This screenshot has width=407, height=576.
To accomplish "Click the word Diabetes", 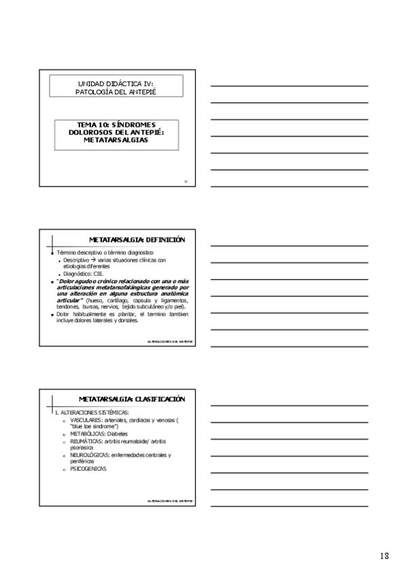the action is [x=118, y=433].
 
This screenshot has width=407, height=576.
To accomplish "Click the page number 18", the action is [x=385, y=556].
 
